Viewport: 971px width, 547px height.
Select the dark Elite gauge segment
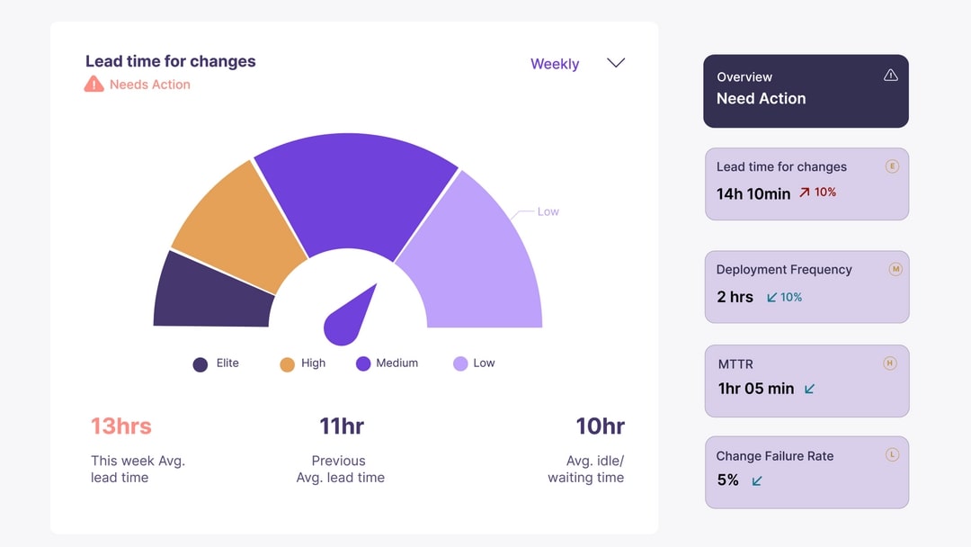pos(211,292)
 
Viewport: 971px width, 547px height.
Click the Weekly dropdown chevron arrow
pos(616,63)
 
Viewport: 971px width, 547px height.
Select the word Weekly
pos(555,64)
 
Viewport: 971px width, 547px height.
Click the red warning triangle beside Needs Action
pos(94,85)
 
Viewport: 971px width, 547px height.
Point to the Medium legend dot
pos(363,363)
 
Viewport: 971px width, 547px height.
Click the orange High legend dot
pos(288,363)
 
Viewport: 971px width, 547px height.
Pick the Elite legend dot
pos(200,363)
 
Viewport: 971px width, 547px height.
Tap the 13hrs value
pos(121,426)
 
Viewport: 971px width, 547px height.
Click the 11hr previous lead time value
pos(342,426)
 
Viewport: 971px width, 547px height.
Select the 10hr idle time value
pos(600,426)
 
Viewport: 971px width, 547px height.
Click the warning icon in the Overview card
pos(891,76)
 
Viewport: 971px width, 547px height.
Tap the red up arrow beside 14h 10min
pos(805,193)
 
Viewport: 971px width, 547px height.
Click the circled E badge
pos(892,166)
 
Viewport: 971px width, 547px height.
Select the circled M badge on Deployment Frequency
pos(895,269)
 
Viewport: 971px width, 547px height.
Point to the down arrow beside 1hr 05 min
pos(809,389)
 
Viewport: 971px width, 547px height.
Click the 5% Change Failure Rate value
pos(727,480)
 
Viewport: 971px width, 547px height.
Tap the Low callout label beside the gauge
pos(548,212)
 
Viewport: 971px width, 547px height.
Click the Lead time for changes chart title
pos(171,61)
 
